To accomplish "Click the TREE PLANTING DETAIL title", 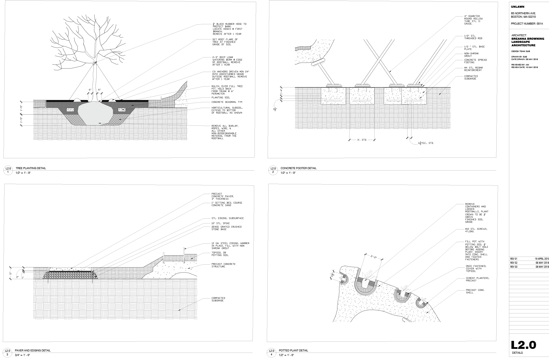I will pos(31,168).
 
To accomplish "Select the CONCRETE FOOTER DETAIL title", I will pos(298,168).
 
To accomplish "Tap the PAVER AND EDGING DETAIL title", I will pos(33,351).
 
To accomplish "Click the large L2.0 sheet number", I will pos(523,345).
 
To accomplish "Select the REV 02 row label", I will pos(514,263).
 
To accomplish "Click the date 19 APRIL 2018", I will pos(542,259).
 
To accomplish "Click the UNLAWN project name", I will pos(518,7).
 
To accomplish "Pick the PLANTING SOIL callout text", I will pos(220,97).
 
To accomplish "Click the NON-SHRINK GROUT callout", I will pos(471,55).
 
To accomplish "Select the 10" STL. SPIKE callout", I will pos(220,223).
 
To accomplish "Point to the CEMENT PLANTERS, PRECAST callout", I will pos(477,279).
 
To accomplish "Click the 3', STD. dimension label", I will pos(362,140).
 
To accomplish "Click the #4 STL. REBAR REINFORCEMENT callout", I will pos(473,69).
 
